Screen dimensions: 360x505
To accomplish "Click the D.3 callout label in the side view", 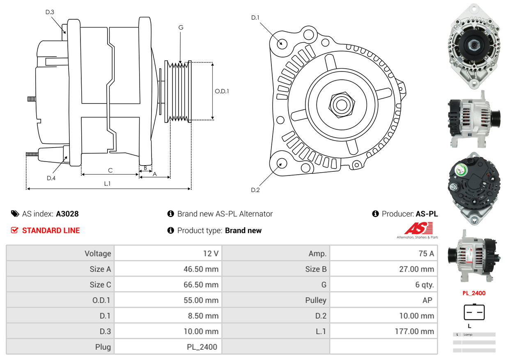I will pyautogui.click(x=50, y=12).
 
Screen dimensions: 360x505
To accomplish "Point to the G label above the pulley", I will pyautogui.click(x=181, y=28).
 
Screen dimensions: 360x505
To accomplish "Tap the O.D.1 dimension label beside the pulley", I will pyautogui.click(x=222, y=91).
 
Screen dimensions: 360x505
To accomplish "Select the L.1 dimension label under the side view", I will pyautogui.click(x=107, y=183).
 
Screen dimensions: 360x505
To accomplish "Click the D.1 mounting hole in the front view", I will pyautogui.click(x=282, y=43).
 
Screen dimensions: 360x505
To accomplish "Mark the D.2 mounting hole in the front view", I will pyautogui.click(x=281, y=164).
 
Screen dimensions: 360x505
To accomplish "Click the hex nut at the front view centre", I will pyautogui.click(x=341, y=104).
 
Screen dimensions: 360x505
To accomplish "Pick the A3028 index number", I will pyautogui.click(x=67, y=214).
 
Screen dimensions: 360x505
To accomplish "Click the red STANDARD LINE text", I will pyautogui.click(x=51, y=231).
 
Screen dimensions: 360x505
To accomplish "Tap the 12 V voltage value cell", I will pyautogui.click(x=211, y=254).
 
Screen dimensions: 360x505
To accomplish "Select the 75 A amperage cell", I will pyautogui.click(x=426, y=254).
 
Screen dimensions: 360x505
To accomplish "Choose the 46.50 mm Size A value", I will pyautogui.click(x=201, y=269).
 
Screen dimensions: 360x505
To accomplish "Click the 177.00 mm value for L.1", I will pyautogui.click(x=414, y=331).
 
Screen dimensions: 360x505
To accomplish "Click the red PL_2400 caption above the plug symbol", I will pyautogui.click(x=474, y=293).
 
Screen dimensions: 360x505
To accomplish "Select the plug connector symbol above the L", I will pyautogui.click(x=474, y=312).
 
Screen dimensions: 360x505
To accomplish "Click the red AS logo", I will pyautogui.click(x=418, y=228).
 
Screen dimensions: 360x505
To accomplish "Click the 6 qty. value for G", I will pyautogui.click(x=425, y=285).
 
